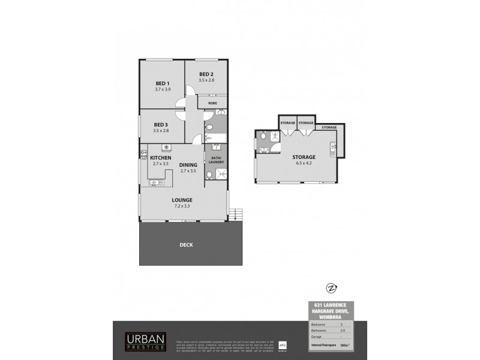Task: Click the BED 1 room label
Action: coord(163,83)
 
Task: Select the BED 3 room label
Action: coord(161,124)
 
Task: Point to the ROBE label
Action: coord(212,103)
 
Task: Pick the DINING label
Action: coord(188,165)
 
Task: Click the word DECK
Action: coord(185,245)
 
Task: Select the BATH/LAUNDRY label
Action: coord(216,159)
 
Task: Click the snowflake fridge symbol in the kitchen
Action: coord(166,147)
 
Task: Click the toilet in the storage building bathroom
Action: coord(264,137)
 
